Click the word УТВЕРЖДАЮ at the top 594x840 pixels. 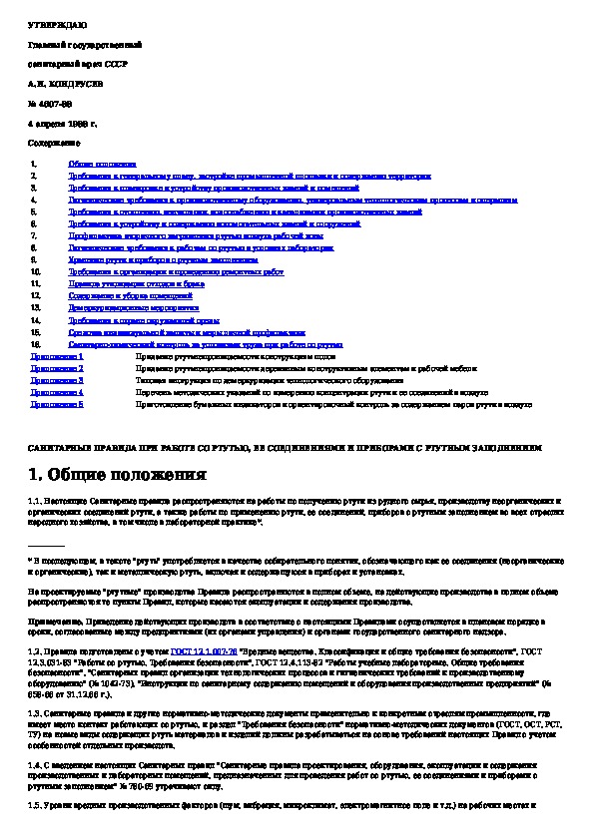tap(49, 22)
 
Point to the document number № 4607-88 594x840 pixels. tap(51, 104)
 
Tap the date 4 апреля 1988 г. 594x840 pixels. tap(62, 125)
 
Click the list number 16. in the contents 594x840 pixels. tap(35, 344)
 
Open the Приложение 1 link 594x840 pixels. tap(57, 356)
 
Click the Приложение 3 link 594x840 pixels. tap(57, 380)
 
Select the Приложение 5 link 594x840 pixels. tap(57, 405)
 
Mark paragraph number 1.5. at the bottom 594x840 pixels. tap(36, 804)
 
